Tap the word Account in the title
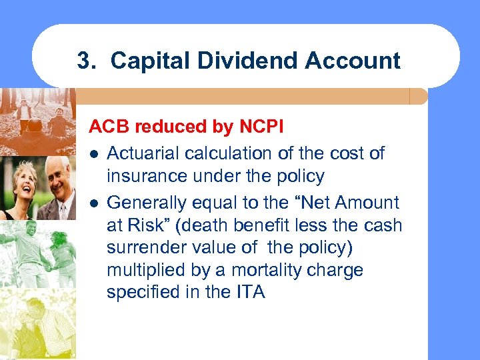tap(353, 61)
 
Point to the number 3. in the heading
tap(87, 61)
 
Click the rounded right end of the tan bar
tap(420, 97)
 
